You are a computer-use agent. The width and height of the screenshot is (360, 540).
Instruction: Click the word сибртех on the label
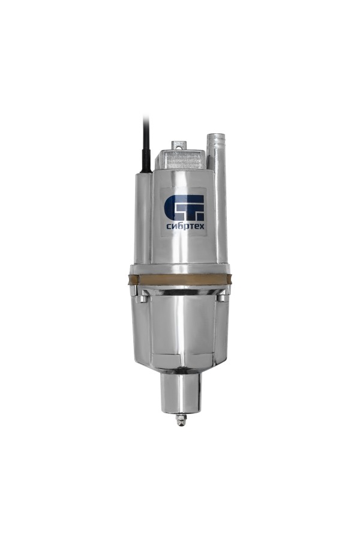[184, 226]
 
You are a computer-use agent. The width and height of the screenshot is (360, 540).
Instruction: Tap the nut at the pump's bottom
[181, 420]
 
